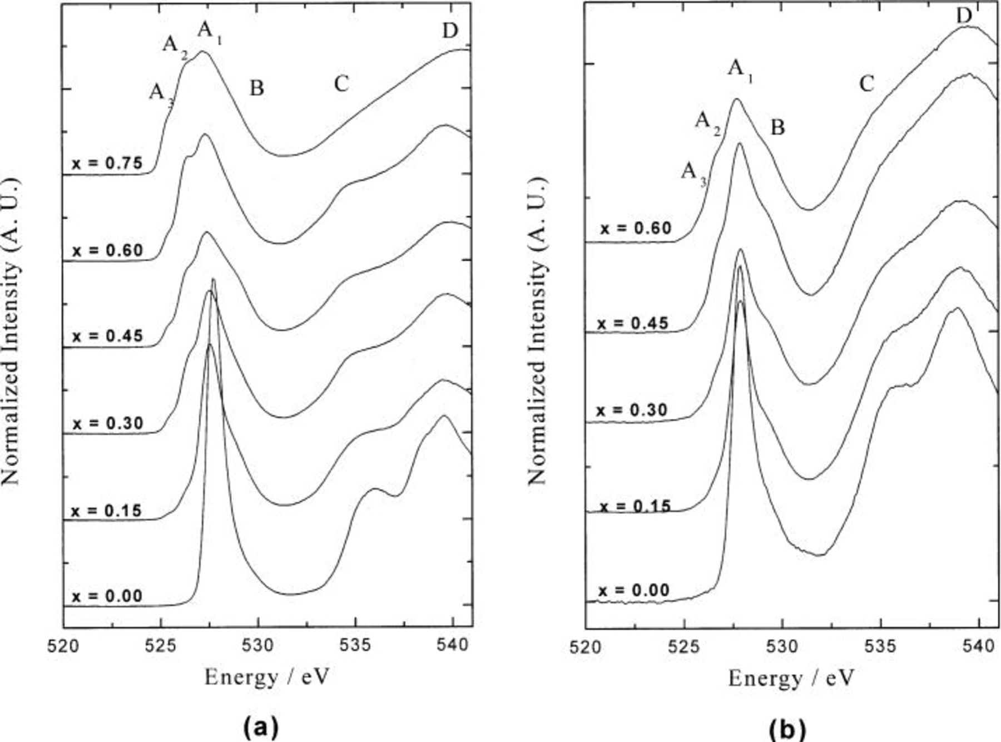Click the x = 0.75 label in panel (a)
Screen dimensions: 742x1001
pyautogui.click(x=107, y=163)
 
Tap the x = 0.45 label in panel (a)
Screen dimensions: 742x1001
pyautogui.click(x=107, y=336)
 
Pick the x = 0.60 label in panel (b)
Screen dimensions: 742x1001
pyautogui.click(x=636, y=228)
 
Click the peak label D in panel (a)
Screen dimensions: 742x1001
pyautogui.click(x=450, y=31)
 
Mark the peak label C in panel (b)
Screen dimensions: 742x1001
pyautogui.click(x=866, y=84)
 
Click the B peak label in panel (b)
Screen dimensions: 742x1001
pyautogui.click(x=777, y=127)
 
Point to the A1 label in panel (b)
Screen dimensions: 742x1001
pyautogui.click(x=740, y=70)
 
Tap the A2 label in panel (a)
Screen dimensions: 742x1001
pyautogui.click(x=175, y=45)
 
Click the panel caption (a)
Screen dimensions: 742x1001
pyautogui.click(x=260, y=726)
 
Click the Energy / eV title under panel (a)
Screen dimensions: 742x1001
pyautogui.click(x=267, y=677)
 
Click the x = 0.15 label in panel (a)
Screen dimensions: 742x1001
pyautogui.click(x=107, y=510)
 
